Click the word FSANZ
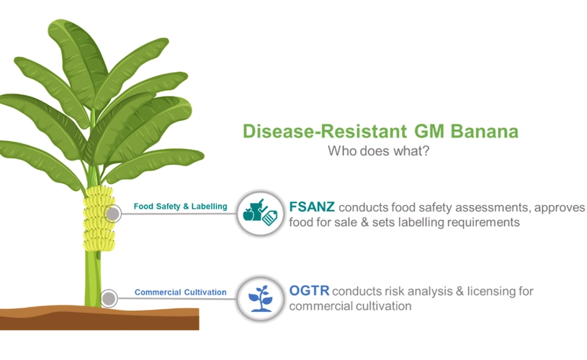point(312,207)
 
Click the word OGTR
point(309,290)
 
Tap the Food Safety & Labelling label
point(181,206)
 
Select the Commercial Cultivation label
point(181,292)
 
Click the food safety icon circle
point(260,214)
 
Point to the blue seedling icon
point(261,299)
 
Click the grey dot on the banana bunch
point(112,214)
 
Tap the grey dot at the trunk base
point(109,299)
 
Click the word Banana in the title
point(485,131)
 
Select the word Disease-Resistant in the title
point(325,131)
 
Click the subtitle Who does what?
point(378,150)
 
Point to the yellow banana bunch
point(99,218)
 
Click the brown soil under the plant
point(99,318)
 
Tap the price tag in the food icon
point(269,217)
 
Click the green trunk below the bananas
point(93,279)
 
